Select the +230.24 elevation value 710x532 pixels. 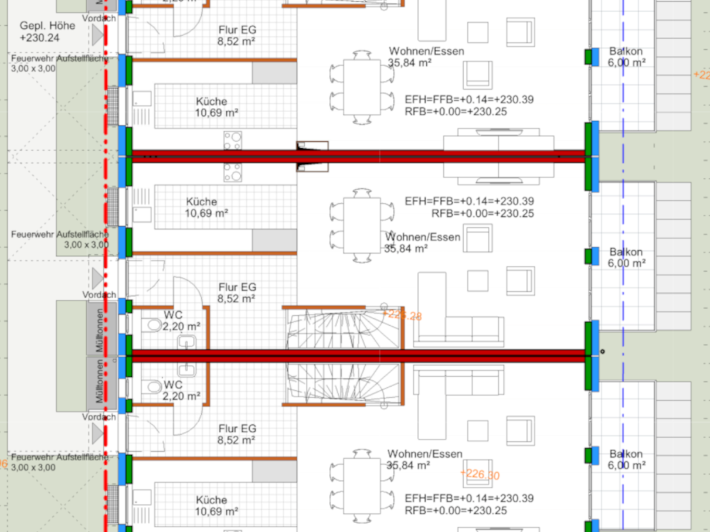point(40,38)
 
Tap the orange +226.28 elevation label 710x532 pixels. point(402,315)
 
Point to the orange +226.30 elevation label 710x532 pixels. point(480,475)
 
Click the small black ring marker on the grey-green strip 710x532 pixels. point(603,352)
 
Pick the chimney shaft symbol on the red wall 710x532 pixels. point(312,156)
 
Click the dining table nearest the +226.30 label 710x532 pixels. point(362,483)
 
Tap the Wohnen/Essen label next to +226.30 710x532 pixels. point(424,454)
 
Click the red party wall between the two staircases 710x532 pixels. point(358,353)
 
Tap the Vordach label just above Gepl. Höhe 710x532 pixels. point(99,18)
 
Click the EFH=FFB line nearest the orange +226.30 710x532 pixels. point(469,499)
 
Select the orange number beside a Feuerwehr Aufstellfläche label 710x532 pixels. point(3,464)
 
